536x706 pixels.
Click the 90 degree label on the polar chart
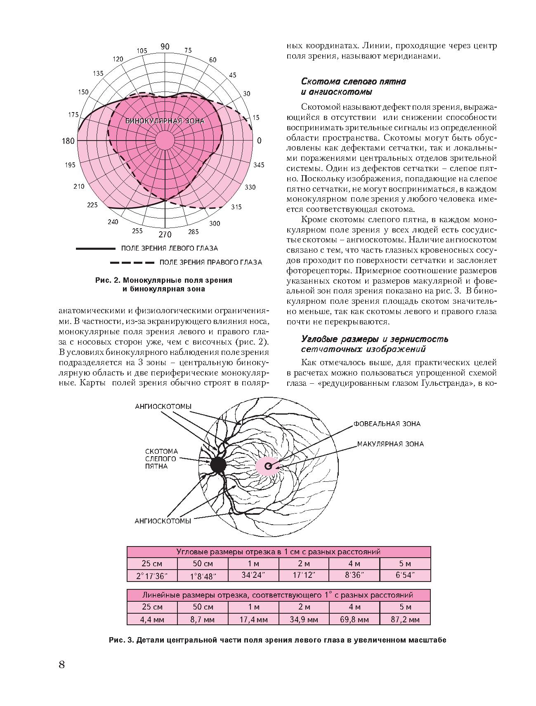(x=165, y=47)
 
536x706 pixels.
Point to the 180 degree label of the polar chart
(x=68, y=141)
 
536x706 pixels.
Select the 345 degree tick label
(x=259, y=165)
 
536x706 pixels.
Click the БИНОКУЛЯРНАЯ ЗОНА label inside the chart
(x=165, y=121)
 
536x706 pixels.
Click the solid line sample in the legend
(x=95, y=249)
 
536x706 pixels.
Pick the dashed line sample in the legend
(x=132, y=262)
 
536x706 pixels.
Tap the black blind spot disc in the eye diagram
(x=218, y=465)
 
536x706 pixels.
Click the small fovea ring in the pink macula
(x=268, y=466)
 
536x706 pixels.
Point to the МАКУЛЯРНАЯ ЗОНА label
(x=390, y=444)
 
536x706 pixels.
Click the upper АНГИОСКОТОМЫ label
(x=163, y=406)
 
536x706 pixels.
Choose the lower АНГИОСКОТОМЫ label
(x=163, y=521)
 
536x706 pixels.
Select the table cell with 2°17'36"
(x=152, y=576)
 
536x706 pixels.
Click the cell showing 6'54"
(x=405, y=575)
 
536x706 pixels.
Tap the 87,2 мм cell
(x=405, y=619)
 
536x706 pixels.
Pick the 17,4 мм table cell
(x=253, y=619)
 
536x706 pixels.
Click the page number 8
(x=62, y=664)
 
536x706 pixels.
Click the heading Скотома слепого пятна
(x=354, y=82)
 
